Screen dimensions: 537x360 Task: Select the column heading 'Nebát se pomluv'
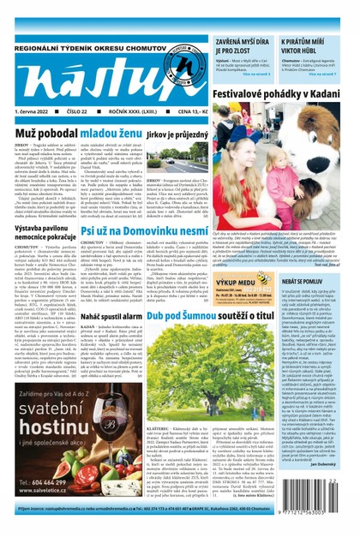click(322, 280)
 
